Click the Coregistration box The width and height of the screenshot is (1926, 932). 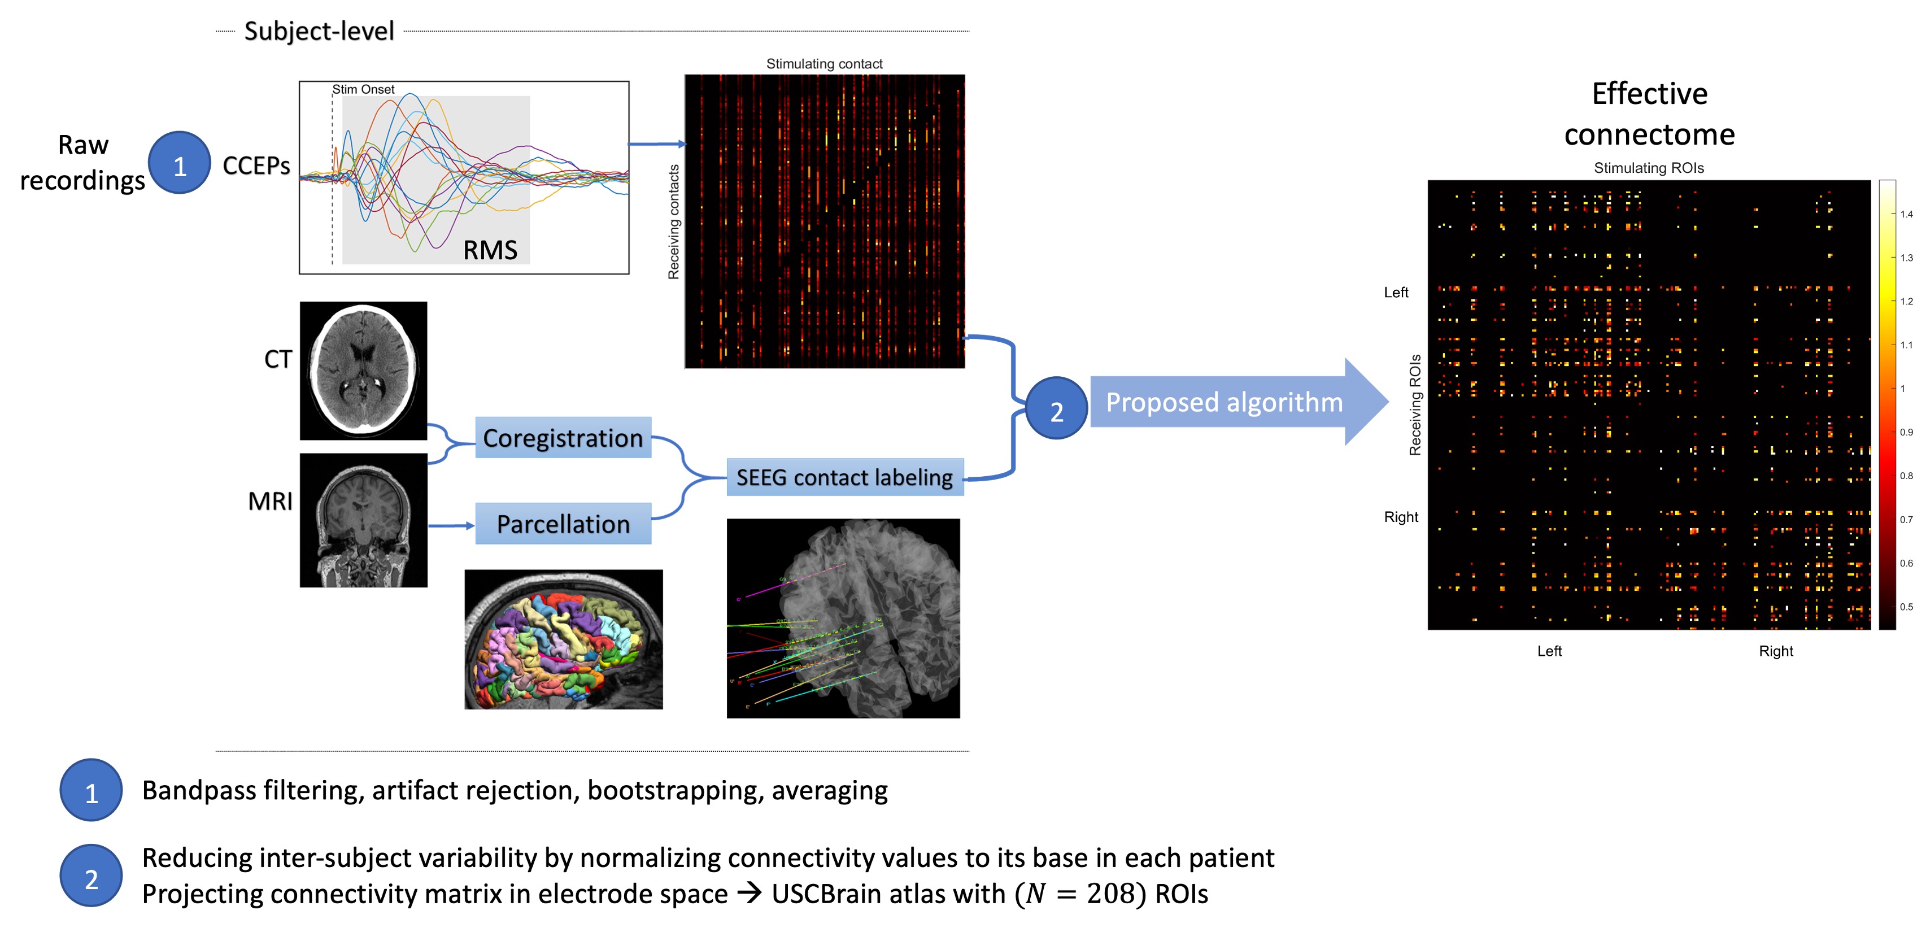tap(563, 438)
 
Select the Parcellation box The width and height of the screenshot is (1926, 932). tap(563, 524)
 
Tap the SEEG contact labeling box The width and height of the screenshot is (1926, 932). tap(844, 477)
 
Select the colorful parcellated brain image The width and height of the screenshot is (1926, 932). tap(563, 639)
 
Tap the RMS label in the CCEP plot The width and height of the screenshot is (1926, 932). tap(490, 250)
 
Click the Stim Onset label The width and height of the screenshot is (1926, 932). tap(363, 90)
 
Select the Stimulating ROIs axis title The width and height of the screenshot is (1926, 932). tap(1649, 168)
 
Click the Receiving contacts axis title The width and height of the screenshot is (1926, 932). tap(674, 221)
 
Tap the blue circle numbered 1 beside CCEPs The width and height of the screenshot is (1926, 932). tap(180, 163)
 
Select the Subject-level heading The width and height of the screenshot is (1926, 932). tap(319, 32)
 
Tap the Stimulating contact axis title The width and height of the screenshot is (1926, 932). tap(824, 64)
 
